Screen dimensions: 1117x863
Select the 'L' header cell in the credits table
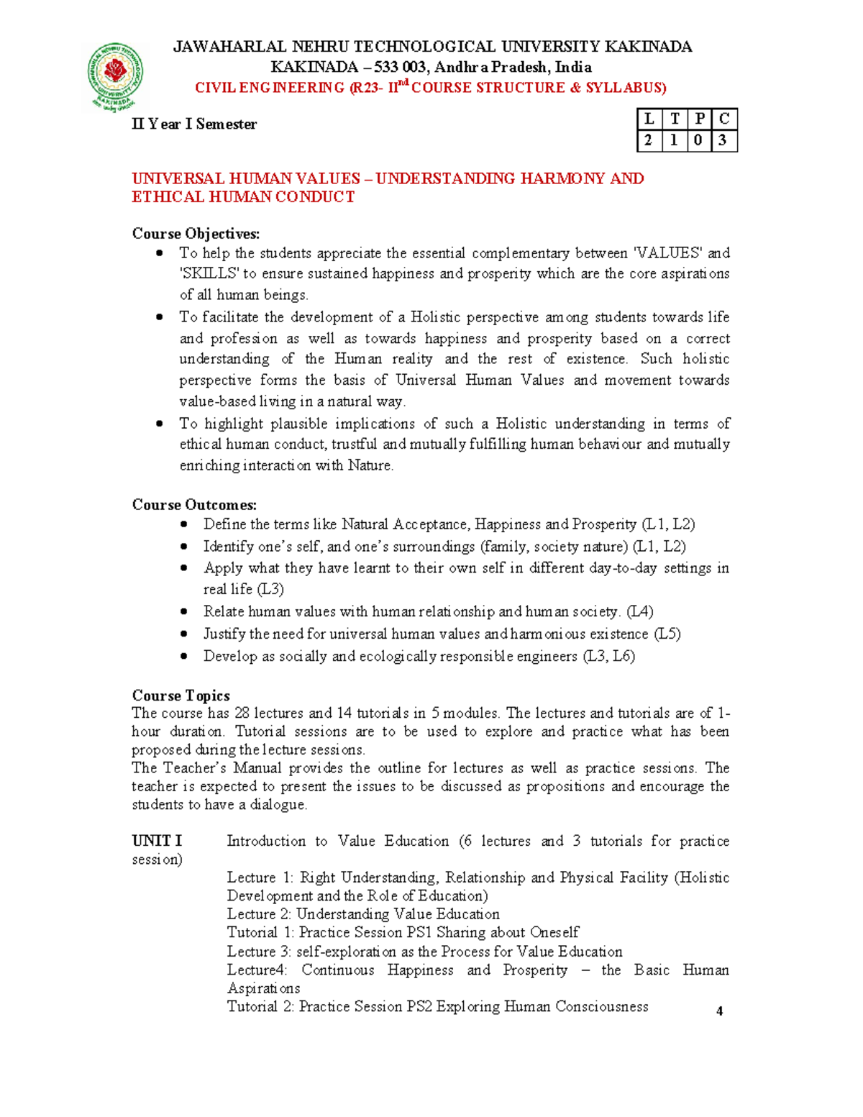649,119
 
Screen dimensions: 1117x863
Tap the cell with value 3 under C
723,141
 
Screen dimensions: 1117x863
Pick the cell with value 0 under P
698,141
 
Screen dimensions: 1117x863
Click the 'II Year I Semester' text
194,124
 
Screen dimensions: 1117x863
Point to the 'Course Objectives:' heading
196,234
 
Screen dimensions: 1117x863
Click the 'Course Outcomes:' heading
194,505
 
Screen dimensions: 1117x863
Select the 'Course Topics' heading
181,696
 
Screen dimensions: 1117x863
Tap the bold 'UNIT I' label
157,841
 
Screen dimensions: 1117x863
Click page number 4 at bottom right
719,1011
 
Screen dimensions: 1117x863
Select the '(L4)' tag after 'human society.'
640,612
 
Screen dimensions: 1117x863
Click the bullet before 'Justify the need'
184,634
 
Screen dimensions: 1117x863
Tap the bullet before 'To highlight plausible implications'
160,424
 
